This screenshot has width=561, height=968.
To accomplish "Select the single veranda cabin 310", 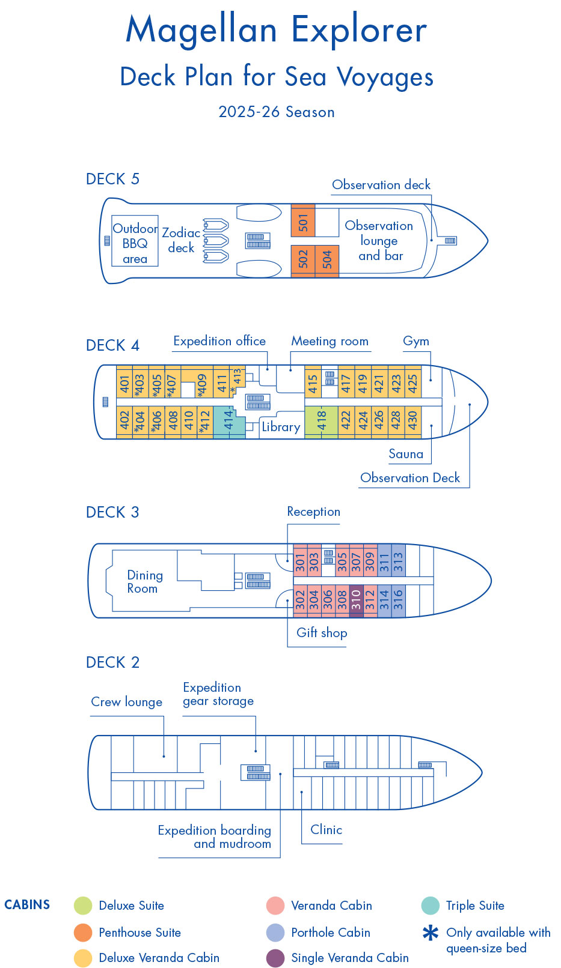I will click(x=356, y=600).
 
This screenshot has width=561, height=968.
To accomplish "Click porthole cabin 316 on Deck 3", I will click(x=398, y=600).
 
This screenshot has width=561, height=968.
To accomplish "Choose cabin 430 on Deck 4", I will click(x=412, y=419).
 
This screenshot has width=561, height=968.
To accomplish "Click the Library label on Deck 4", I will click(x=281, y=427).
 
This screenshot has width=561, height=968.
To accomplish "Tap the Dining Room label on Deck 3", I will click(x=144, y=582).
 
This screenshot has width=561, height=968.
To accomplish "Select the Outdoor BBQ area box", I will click(x=135, y=243).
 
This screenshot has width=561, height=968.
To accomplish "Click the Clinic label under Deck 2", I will click(x=326, y=829).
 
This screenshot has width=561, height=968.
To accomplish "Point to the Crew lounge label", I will click(x=126, y=702).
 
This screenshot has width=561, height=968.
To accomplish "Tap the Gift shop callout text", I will click(x=322, y=632).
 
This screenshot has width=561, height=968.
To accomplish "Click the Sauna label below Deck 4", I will click(x=406, y=454).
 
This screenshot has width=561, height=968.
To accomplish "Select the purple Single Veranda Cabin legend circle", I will click(x=275, y=958).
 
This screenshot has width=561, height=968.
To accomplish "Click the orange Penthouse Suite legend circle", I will click(x=83, y=933).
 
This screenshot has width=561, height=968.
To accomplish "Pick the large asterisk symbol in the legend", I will click(x=431, y=933).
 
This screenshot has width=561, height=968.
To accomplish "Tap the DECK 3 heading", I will click(x=112, y=512).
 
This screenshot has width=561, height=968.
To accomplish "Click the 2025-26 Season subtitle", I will click(x=277, y=112).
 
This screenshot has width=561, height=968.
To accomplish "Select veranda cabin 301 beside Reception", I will click(x=300, y=562).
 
